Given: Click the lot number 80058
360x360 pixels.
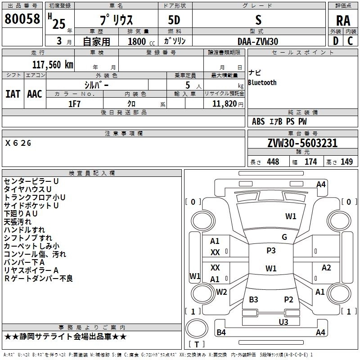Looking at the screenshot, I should coord(22,19).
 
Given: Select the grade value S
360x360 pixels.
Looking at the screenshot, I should coord(258,20).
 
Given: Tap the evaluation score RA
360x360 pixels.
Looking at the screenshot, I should coord(343,21).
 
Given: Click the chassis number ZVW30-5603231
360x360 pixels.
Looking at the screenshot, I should coord(302,143).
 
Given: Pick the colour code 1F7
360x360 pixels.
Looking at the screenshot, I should coord(74,103).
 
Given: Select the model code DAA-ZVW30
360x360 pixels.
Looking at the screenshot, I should coord(258,41).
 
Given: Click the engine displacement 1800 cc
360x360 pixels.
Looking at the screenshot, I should coord(137,41).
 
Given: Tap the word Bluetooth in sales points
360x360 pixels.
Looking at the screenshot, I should coord(262,83).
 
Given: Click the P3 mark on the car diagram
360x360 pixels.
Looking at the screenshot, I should coord(271,251).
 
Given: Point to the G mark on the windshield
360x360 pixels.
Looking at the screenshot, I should coord(284,237).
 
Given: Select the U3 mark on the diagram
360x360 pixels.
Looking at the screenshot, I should coord(283,322).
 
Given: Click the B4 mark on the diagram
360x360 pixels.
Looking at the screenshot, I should coord(221,333).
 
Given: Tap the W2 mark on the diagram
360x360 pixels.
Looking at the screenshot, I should coord(221,292).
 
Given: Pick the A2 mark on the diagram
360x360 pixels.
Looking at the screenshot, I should coord(326,268).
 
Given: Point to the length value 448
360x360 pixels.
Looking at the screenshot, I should coord(273,162).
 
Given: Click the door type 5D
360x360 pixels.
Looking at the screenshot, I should coord(175,20).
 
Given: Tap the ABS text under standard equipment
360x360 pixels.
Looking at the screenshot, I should coord(258,121).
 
